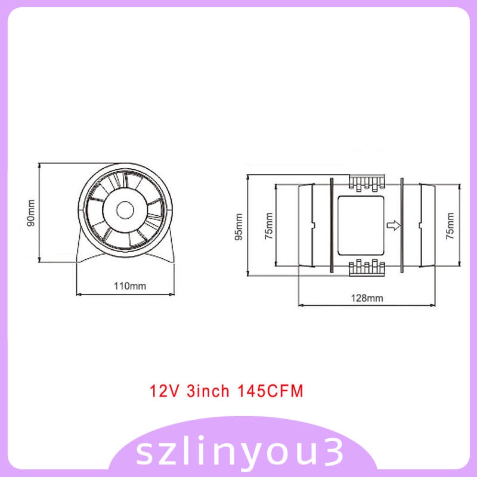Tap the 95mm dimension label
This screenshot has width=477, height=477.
tap(239, 226)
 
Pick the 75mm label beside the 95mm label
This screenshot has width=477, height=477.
tap(269, 226)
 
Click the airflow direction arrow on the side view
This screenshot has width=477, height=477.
tap(393, 225)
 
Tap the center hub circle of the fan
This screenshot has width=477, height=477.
tap(126, 210)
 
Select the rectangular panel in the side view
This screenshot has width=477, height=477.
tap(360, 225)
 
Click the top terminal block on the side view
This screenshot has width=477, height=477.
tap(365, 184)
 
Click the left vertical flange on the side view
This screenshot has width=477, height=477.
tap(330, 225)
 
